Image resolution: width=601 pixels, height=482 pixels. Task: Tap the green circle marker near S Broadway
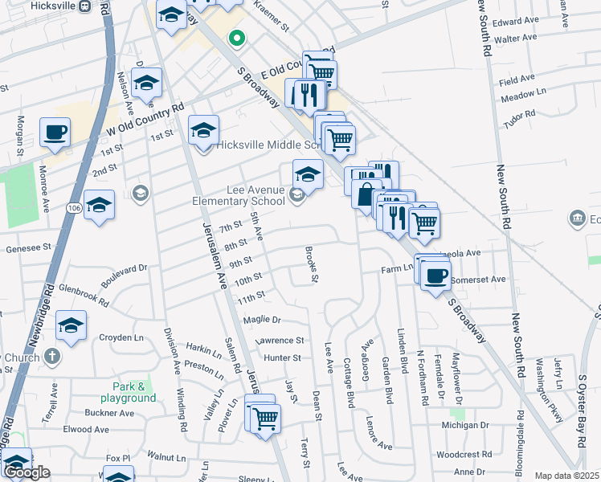[236, 37]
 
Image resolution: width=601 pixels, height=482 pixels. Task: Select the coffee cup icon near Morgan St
[55, 132]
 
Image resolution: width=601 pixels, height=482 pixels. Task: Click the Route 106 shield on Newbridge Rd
[72, 209]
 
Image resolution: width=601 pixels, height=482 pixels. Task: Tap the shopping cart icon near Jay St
[264, 416]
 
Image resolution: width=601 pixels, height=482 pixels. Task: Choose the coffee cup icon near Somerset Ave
[435, 276]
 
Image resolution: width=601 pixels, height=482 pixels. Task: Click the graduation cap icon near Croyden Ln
[72, 325]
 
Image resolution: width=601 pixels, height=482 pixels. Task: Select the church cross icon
[51, 355]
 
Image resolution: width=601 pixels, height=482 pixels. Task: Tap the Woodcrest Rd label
[463, 455]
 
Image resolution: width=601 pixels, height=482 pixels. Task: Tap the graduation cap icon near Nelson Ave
[147, 84]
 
